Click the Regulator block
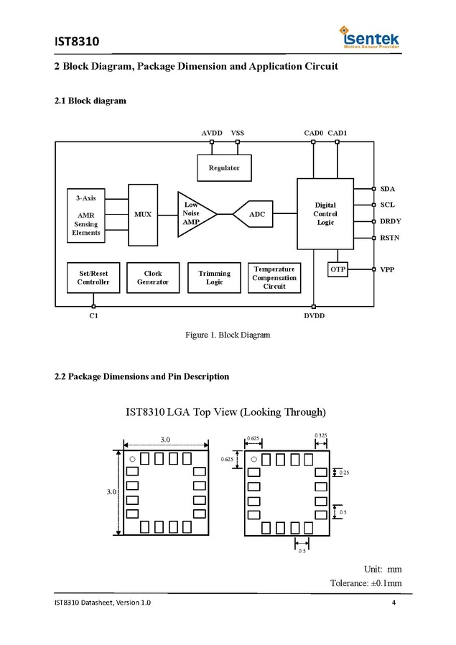click(224, 168)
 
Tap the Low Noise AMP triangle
click(194, 213)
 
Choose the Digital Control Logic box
click(325, 214)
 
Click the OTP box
click(338, 269)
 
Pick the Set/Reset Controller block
click(93, 278)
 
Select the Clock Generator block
click(153, 278)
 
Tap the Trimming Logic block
click(214, 278)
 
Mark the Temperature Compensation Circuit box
click(274, 278)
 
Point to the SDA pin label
click(388, 189)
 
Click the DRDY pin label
click(391, 221)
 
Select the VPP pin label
click(388, 269)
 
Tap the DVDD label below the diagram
click(315, 317)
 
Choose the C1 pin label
click(93, 317)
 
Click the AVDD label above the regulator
click(212, 133)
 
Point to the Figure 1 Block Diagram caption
click(228, 335)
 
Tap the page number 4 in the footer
click(394, 602)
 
